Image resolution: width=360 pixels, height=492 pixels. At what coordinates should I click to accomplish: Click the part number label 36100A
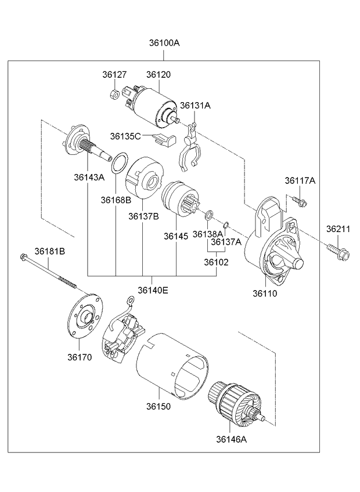[x=164, y=43]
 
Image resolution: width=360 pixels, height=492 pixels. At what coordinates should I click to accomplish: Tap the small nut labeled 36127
[x=115, y=93]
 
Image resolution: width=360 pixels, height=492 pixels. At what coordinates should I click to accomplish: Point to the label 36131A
[x=195, y=106]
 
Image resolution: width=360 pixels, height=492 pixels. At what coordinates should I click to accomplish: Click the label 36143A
[x=89, y=177]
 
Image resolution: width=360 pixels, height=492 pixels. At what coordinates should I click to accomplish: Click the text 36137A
[x=226, y=242]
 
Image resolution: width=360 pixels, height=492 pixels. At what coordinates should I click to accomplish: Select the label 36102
[x=216, y=262]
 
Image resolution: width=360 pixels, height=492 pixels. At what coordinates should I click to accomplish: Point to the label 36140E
[x=153, y=290]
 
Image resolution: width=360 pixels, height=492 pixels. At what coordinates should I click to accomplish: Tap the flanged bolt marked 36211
[x=338, y=252]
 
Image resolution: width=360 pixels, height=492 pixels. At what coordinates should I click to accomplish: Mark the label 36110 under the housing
[x=264, y=294]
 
